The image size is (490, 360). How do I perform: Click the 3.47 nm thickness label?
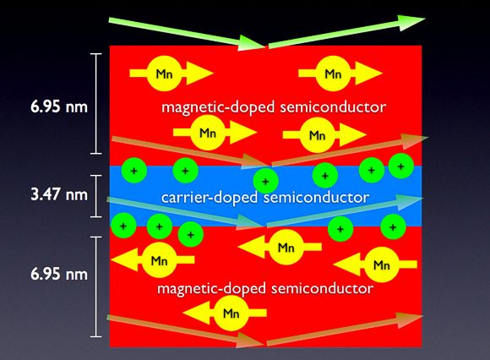[x=59, y=194]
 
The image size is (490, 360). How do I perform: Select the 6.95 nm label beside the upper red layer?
[x=59, y=106]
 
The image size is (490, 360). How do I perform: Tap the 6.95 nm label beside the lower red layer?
[x=59, y=274]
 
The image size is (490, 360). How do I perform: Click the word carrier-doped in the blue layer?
[x=210, y=198]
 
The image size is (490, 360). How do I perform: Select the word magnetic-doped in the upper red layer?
[x=218, y=107]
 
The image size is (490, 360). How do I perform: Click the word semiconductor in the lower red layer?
[x=322, y=288]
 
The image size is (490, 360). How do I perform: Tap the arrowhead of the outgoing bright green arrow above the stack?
[x=412, y=22]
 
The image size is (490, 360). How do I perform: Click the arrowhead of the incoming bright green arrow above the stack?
[x=252, y=43]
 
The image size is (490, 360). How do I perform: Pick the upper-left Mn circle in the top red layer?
[x=165, y=74]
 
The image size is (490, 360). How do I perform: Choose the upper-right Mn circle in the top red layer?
[x=333, y=74]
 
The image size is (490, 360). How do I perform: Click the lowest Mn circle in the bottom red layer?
[x=231, y=314]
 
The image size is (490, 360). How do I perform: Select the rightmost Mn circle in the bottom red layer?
[x=382, y=265]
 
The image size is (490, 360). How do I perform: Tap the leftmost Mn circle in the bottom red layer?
[x=160, y=260]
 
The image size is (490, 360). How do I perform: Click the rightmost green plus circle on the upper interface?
[x=401, y=166]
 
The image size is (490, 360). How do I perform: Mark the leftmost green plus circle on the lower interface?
[x=123, y=226]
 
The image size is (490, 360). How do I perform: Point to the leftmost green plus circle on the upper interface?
[x=134, y=171]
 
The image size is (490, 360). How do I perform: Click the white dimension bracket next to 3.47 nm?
[x=96, y=196]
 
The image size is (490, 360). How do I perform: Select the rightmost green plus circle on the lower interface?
[x=393, y=226]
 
